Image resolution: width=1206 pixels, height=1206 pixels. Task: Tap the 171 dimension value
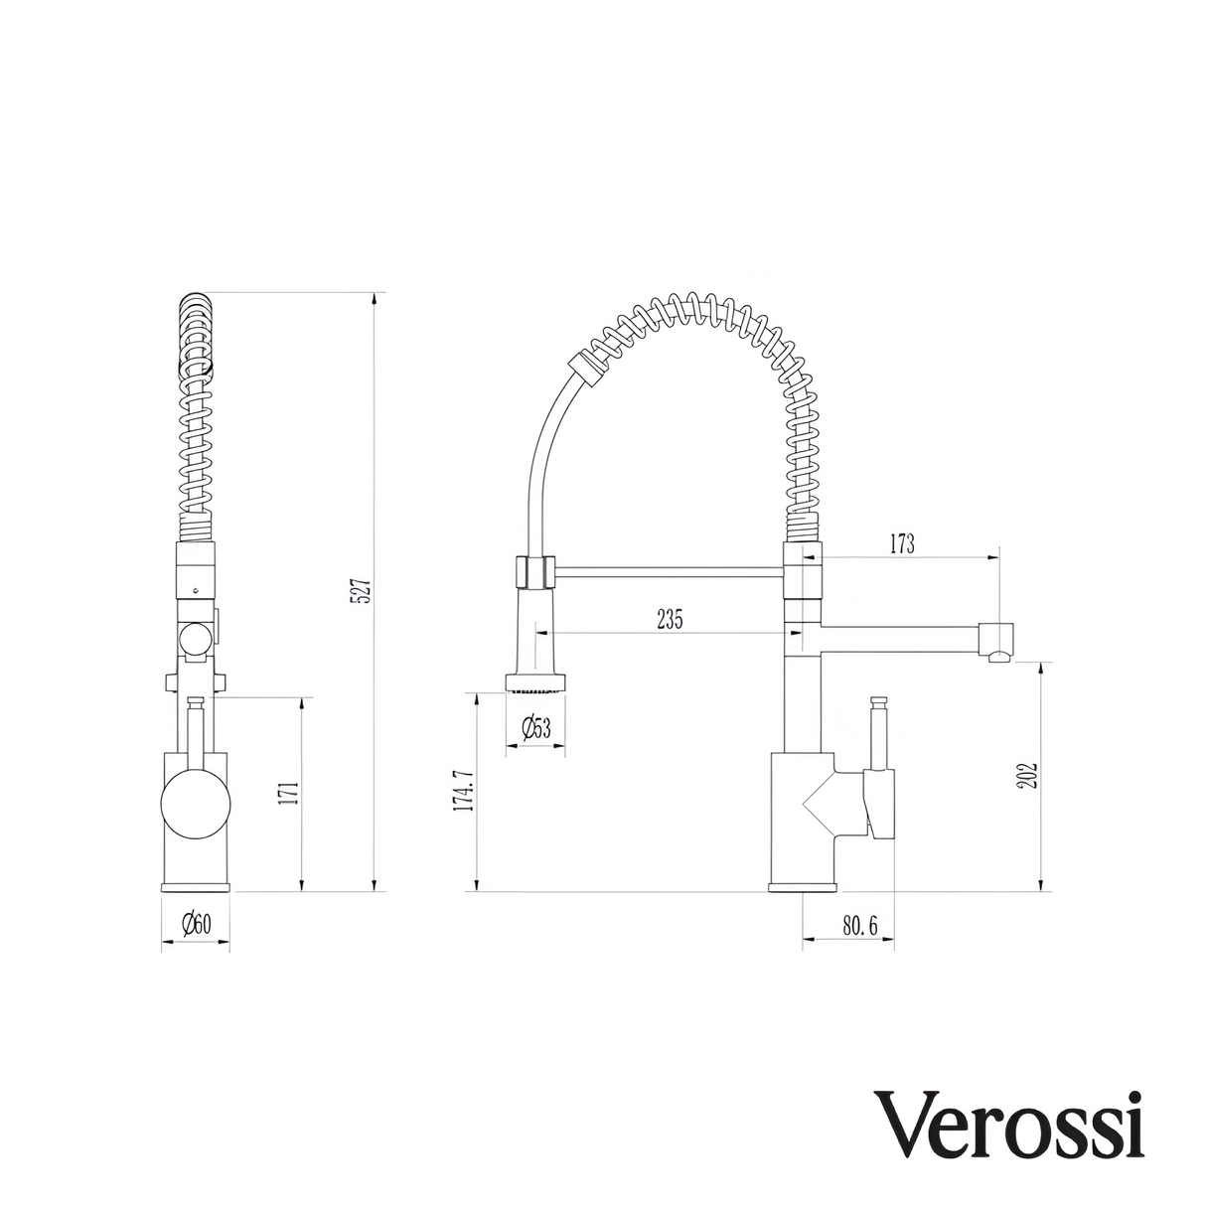tap(289, 794)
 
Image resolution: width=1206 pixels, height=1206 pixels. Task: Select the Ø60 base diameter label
tap(196, 925)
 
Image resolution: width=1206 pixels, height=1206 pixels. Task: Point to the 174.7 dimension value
tap(462, 791)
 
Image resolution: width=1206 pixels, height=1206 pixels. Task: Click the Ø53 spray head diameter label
tap(536, 728)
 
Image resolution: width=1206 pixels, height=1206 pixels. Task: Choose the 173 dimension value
tap(902, 543)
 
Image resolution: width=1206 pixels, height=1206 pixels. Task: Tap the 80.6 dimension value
tap(860, 926)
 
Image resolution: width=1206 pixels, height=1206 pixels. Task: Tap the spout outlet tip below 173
tap(998, 641)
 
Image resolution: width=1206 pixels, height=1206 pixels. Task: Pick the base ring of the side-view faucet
tap(803, 885)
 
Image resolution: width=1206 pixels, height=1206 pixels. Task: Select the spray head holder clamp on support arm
tap(534, 572)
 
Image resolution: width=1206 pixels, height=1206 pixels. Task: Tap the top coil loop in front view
tap(196, 308)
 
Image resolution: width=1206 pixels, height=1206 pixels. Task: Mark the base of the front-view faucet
tap(196, 885)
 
